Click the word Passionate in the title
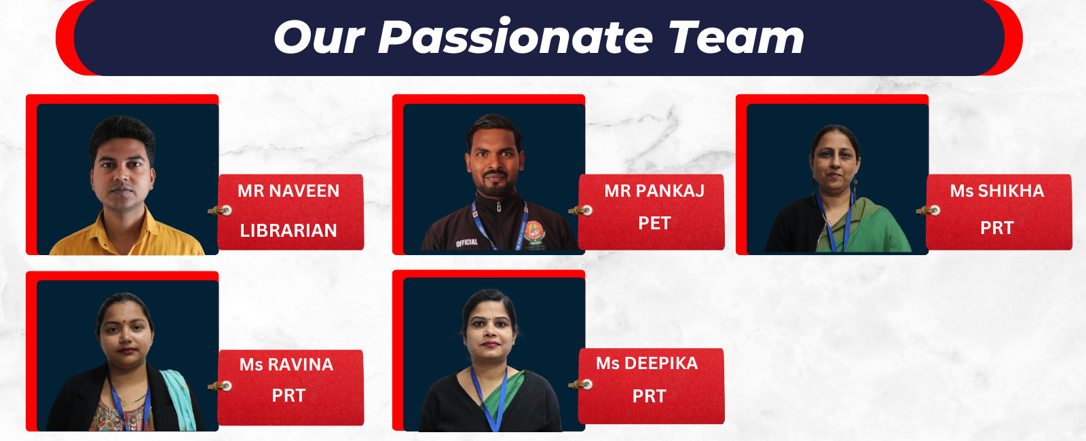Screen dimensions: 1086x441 pos(515,37)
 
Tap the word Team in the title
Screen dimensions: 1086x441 pos(736,37)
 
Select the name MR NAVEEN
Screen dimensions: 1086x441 pos(288,191)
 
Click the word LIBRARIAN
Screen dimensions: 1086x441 pos(288,231)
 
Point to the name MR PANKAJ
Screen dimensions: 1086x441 pos(654,191)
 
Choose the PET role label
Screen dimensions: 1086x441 pos(654,223)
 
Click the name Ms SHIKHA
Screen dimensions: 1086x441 pos(997,191)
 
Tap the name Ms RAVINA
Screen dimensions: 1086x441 pos(286,364)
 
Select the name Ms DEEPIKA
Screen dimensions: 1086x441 pos(648,363)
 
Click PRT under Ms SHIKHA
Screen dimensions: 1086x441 pos(997,228)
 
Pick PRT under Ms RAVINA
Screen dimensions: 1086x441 pos(288,396)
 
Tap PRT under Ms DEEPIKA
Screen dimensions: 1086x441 pos(649,396)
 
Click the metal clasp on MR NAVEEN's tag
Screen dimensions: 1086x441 pos(220,210)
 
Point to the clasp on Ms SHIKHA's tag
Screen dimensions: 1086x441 pos(928,210)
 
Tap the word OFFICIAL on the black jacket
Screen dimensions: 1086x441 pos(466,242)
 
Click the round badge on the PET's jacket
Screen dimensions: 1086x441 pos(533,231)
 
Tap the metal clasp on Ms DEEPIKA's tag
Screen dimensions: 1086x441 pos(580,385)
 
